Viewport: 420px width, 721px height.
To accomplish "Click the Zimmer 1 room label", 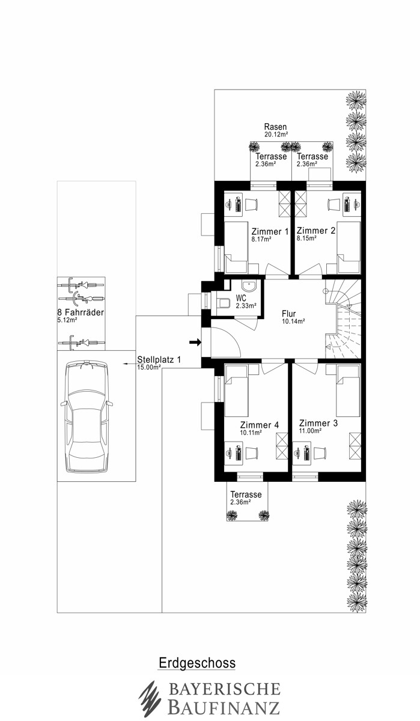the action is coord(270,231).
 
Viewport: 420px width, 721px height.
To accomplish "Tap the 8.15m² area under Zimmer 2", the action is coord(306,239).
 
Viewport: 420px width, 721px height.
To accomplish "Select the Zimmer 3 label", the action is coord(318,423).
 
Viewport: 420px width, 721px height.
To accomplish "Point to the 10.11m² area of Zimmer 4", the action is coord(251,433).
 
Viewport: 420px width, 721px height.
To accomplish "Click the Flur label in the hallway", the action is coord(288,314).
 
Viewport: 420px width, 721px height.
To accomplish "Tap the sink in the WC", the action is coord(249,286).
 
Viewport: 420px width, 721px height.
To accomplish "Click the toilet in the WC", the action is coord(223,303).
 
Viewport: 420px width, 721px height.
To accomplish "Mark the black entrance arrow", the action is coord(195,342).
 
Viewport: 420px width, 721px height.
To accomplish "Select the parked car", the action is coord(87,417).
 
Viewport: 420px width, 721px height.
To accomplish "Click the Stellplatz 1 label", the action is coord(159,359).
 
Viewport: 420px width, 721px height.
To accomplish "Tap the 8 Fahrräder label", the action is coord(81,312).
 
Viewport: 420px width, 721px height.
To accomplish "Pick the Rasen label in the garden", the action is coord(275,127).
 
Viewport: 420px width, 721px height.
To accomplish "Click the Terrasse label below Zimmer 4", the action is coord(246,494).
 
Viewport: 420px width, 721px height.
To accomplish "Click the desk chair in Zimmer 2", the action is coord(333,204).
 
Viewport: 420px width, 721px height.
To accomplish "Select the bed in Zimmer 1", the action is coord(236,247).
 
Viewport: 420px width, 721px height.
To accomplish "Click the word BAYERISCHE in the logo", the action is coord(224,689).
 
